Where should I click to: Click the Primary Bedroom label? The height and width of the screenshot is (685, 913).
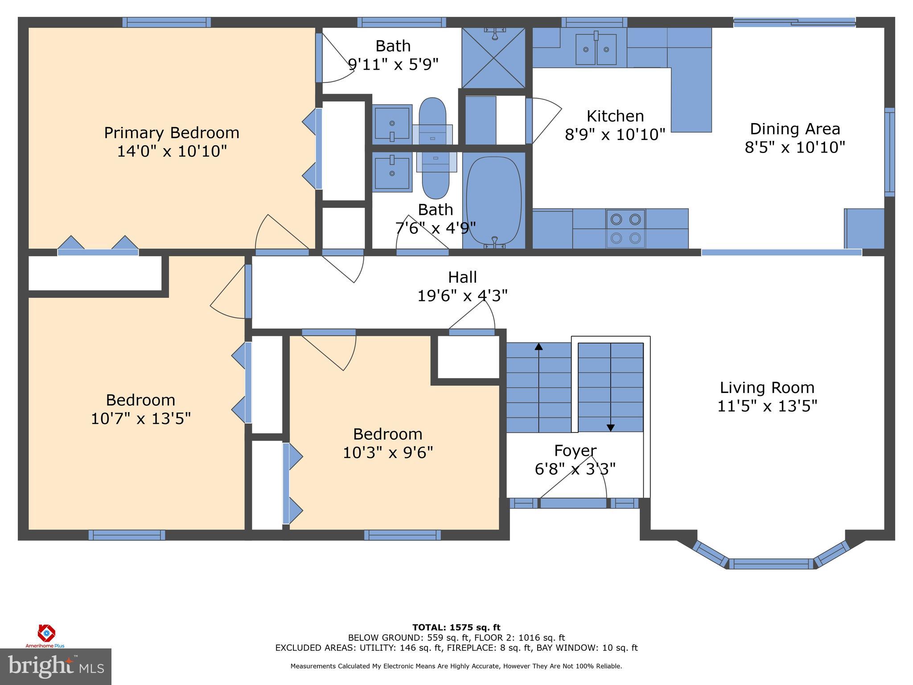[x=172, y=133]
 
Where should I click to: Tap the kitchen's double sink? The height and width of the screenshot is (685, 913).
[x=596, y=49]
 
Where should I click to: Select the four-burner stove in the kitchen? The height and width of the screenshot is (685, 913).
[x=625, y=228]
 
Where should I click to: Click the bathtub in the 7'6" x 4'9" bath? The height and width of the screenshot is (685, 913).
[x=494, y=201]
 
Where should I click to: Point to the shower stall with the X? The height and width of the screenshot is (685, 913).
[x=494, y=58]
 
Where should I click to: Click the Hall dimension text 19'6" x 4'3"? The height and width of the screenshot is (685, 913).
[x=462, y=296]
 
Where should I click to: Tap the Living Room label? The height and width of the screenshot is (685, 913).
[x=767, y=388]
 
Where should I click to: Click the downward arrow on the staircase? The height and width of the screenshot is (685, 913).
[x=610, y=427]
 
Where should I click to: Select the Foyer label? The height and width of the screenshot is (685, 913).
[x=575, y=451]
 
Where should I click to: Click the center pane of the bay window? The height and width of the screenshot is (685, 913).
[x=771, y=564]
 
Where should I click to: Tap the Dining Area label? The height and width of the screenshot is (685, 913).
[x=795, y=129]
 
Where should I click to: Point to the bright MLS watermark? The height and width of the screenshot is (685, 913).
[x=55, y=666]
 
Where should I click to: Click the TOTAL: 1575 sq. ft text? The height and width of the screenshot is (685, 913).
[x=456, y=627]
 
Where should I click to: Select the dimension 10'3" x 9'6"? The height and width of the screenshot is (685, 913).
[x=387, y=453]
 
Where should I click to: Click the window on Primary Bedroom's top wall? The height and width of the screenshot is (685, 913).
[x=166, y=22]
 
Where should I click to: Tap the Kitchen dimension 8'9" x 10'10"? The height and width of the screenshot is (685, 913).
[x=615, y=134]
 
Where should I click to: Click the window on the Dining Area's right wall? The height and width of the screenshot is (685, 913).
[x=889, y=152]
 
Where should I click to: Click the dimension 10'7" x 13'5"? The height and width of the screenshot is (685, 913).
[x=140, y=419]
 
